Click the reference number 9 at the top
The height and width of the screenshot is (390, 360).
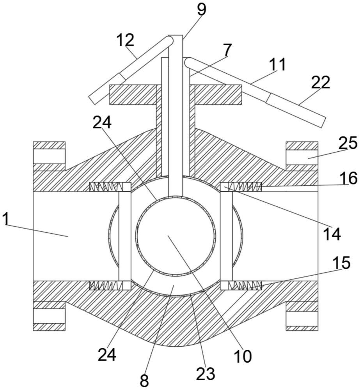202,10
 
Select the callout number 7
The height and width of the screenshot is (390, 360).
227,50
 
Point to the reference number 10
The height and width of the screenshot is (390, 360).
243,356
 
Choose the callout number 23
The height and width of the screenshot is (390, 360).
206,374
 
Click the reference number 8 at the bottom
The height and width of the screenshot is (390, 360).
144,380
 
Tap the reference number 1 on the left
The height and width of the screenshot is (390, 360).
6,219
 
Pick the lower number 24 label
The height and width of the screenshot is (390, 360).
107,355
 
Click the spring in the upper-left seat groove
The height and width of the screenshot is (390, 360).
106,187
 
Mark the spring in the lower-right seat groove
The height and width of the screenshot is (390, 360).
245,285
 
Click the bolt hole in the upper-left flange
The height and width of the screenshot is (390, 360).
49,156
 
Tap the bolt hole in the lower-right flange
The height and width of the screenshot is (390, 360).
302,316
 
